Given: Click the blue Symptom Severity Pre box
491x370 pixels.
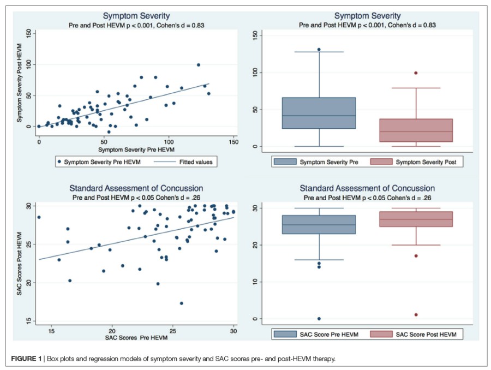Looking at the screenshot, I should coord(319,113).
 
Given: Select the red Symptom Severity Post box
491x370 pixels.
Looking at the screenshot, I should coord(416,130).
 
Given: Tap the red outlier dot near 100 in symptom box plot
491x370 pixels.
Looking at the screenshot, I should coord(416,73).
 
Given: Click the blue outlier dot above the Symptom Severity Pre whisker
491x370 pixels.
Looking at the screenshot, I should coord(319,50).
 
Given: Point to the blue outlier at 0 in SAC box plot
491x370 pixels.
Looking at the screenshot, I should coord(319,319).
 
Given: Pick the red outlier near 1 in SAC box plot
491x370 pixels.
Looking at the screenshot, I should coord(416,315).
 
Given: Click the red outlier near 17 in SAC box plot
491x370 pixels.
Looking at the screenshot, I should coord(416,256).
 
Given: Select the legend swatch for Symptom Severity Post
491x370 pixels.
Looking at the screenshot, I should coord(381,162).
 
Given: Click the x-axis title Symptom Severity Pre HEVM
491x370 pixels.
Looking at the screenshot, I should coord(133,149).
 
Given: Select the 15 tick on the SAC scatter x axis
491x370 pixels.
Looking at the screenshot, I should coord(51,331).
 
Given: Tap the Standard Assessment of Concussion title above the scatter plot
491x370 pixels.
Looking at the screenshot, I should coord(133,188).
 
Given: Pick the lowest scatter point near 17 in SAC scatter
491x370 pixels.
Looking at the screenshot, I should coord(182,303).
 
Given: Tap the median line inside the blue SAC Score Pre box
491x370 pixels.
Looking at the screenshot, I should coord(319,225).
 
